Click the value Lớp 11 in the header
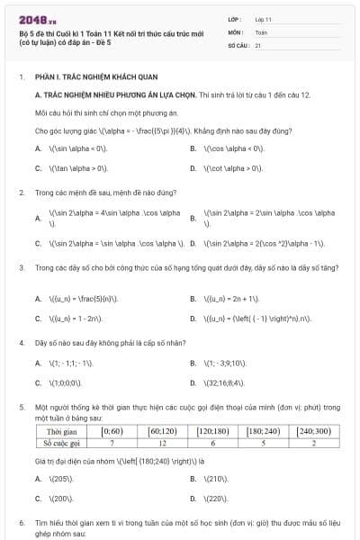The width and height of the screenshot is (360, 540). click(264, 18)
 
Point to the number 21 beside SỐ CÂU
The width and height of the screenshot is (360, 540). click(258, 44)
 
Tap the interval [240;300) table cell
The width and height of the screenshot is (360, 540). click(316, 432)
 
